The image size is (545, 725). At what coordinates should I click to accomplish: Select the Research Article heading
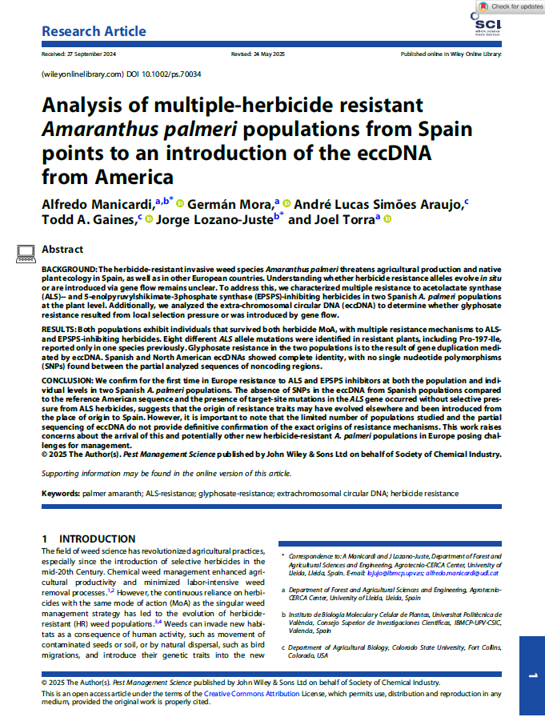click(94, 31)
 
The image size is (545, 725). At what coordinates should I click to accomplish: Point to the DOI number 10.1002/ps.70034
click(172, 74)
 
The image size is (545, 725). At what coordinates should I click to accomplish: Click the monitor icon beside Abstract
click(25, 250)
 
